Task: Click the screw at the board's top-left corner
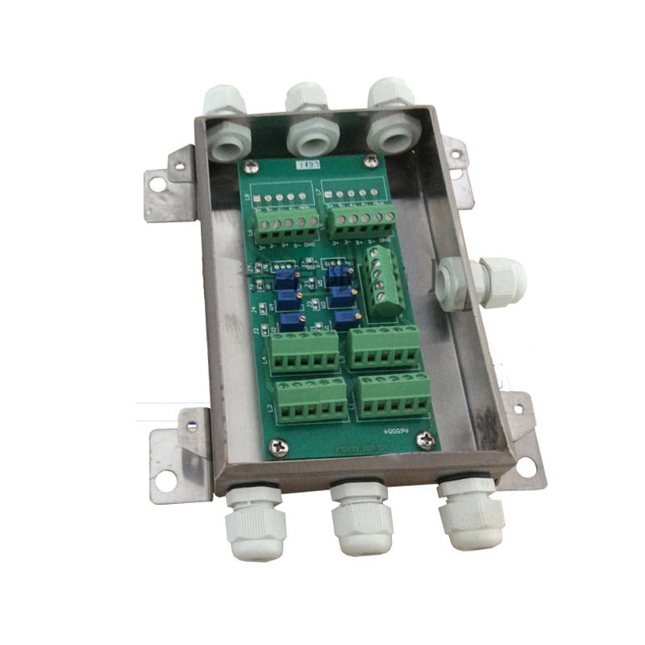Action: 252,166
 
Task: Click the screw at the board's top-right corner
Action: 370,162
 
